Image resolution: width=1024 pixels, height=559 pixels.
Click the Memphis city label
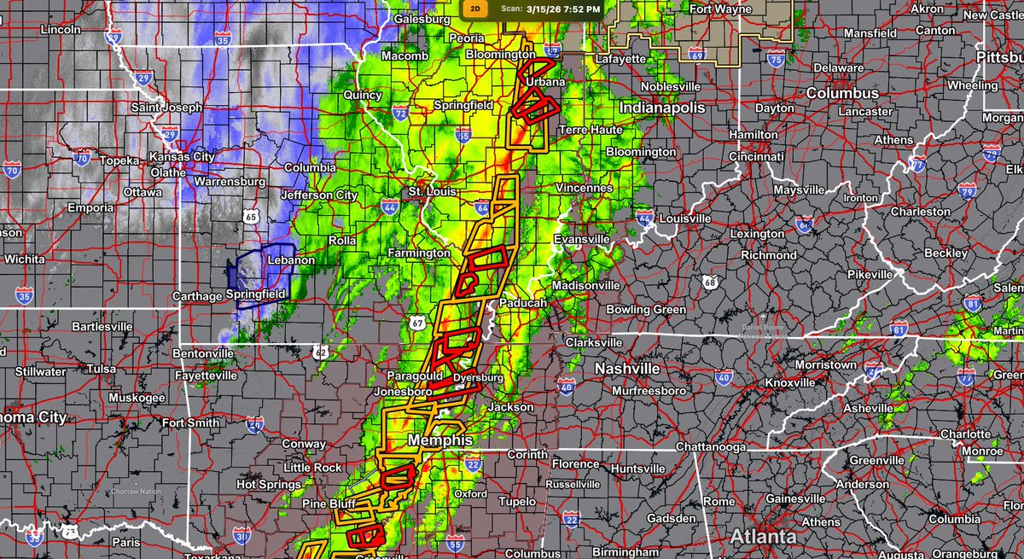pos(440,440)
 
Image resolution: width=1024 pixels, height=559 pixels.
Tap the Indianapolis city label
pos(662,108)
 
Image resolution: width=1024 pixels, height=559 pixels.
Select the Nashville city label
pos(627,369)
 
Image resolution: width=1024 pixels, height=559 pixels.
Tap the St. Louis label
pos(428,190)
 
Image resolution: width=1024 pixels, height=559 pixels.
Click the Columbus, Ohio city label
pos(843,93)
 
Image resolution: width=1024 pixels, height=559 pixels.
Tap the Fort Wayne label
pos(721,10)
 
